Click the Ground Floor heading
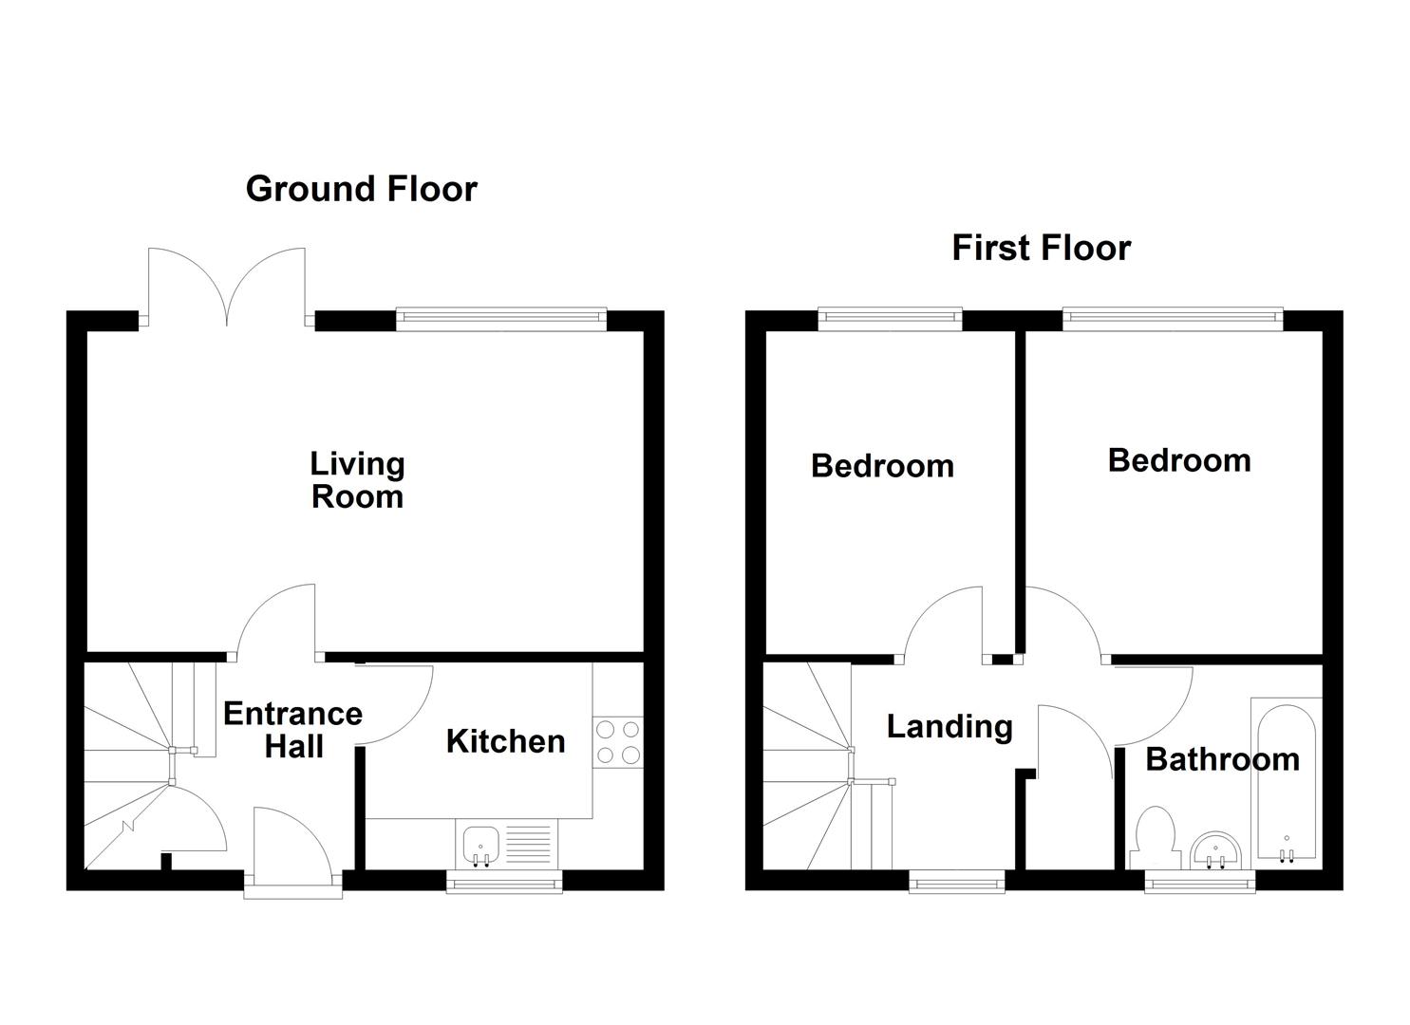click(361, 189)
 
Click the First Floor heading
click(1041, 249)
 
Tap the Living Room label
click(357, 480)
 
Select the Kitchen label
click(505, 741)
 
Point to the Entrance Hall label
click(292, 730)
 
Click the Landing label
click(949, 727)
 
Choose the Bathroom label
click(1222, 759)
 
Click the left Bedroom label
click(882, 466)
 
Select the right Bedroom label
click(1178, 460)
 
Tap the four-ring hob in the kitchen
click(617, 742)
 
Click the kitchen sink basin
click(480, 842)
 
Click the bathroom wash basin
click(1215, 848)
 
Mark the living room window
click(500, 320)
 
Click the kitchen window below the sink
click(504, 883)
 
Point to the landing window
click(957, 883)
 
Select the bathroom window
click(1200, 883)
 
